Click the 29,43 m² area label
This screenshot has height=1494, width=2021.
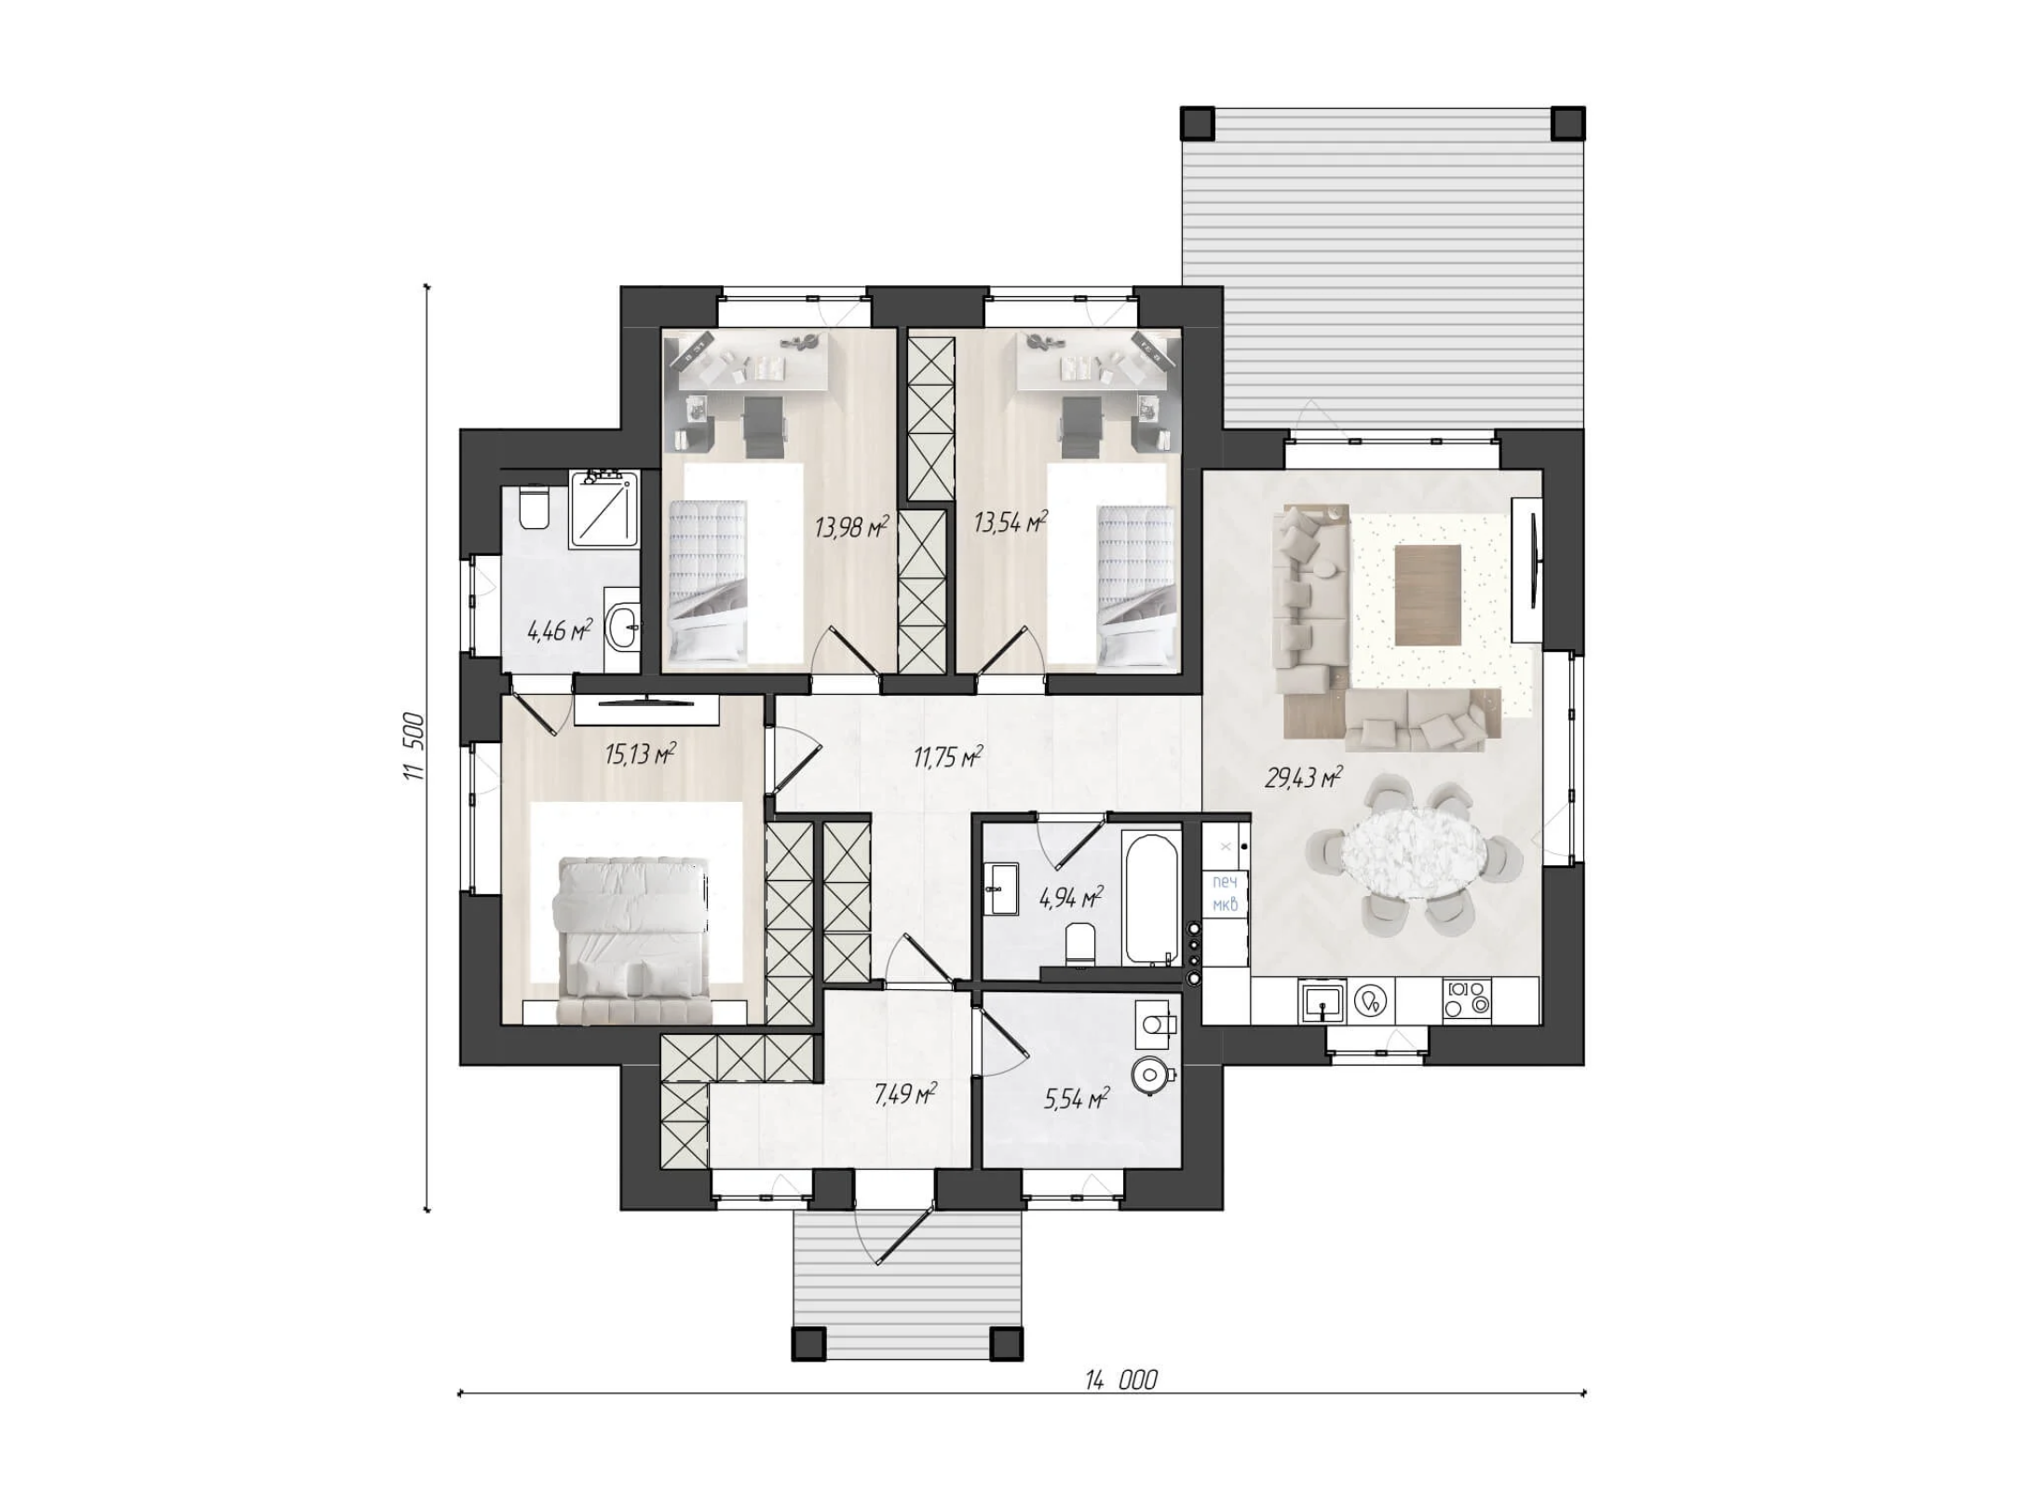(x=1302, y=777)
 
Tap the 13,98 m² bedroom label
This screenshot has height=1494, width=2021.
(x=851, y=527)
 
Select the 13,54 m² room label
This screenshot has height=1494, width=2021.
(x=1010, y=522)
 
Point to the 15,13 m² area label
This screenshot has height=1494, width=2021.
(x=640, y=753)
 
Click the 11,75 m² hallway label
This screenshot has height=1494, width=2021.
(x=948, y=756)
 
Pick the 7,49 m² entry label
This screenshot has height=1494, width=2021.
(x=905, y=1093)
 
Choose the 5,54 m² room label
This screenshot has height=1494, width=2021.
(x=1076, y=1099)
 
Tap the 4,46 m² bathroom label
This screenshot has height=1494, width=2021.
(x=560, y=631)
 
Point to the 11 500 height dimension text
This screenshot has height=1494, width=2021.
(x=414, y=746)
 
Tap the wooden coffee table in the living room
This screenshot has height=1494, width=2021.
(x=1428, y=594)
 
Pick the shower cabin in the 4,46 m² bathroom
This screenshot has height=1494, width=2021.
(x=605, y=507)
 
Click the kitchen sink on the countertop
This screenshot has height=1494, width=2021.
(x=1322, y=1001)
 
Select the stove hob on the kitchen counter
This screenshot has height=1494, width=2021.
(x=1467, y=1000)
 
